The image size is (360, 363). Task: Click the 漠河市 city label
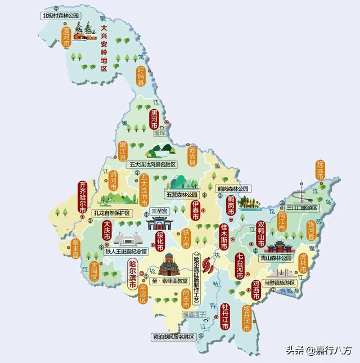[67, 36]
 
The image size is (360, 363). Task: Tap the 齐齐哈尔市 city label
[83, 198]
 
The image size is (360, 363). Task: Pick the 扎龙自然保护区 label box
[112, 213]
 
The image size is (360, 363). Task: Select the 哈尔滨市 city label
[133, 274]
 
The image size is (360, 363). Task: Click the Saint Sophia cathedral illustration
[170, 263]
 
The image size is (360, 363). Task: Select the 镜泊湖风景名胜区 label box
[173, 337]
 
